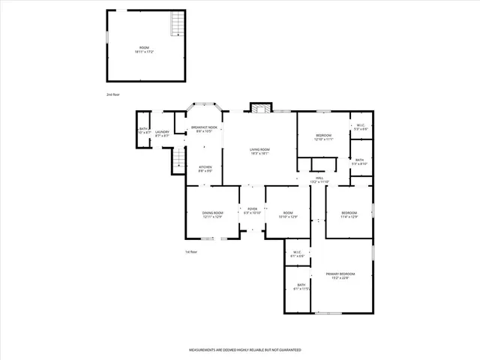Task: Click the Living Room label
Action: pyautogui.click(x=259, y=149)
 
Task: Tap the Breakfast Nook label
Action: pyautogui.click(x=204, y=127)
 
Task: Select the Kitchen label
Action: pyautogui.click(x=205, y=167)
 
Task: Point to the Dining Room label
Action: pyautogui.click(x=212, y=213)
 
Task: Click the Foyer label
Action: pyautogui.click(x=252, y=209)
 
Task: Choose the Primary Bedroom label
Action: pyautogui.click(x=340, y=274)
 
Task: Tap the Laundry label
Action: pyautogui.click(x=162, y=132)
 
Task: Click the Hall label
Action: pyautogui.click(x=319, y=178)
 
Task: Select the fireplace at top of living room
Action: pyautogui.click(x=260, y=108)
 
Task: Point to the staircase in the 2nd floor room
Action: pyautogui.click(x=177, y=24)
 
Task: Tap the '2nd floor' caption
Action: pyautogui.click(x=112, y=94)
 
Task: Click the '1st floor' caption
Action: pyautogui.click(x=192, y=251)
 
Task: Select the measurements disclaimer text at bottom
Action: pyautogui.click(x=244, y=350)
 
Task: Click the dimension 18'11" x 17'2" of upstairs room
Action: pyautogui.click(x=143, y=52)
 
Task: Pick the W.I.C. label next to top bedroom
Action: pyautogui.click(x=361, y=125)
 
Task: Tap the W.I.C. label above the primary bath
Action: pyautogui.click(x=297, y=252)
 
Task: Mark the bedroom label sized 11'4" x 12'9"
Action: pyautogui.click(x=349, y=213)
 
